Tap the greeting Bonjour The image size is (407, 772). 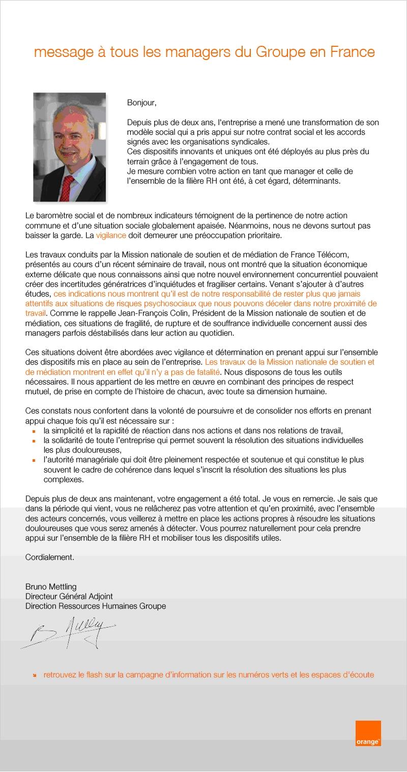pyautogui.click(x=142, y=103)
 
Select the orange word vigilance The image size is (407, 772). pyautogui.click(x=111, y=236)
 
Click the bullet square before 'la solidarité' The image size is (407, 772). pyautogui.click(x=34, y=440)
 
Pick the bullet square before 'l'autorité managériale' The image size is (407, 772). pyautogui.click(x=34, y=460)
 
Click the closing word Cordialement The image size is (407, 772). pyautogui.click(x=50, y=557)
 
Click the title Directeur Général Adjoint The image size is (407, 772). pyautogui.click(x=69, y=597)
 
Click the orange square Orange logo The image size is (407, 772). pyautogui.click(x=368, y=733)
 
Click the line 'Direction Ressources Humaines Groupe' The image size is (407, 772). pyautogui.click(x=96, y=606)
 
